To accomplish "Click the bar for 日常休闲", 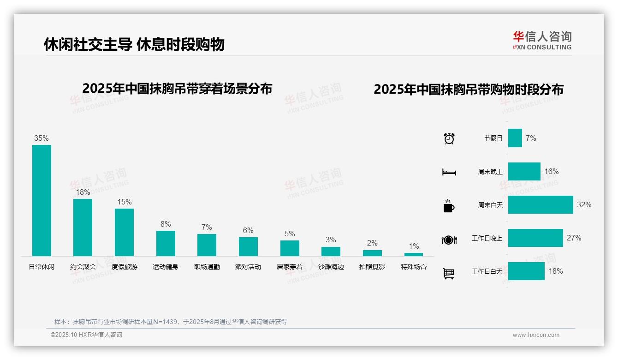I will [42, 200].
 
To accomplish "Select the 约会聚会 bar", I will [83, 227].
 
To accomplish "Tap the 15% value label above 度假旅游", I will [125, 202].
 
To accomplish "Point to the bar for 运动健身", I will [166, 243].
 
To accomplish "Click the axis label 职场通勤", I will [207, 267].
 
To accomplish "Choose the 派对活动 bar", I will [248, 246].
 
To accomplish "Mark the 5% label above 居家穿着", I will [290, 234].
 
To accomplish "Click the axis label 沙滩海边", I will [331, 267].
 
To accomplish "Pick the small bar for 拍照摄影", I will [372, 253].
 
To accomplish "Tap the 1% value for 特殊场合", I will [414, 246].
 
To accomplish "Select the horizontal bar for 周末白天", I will [541, 204].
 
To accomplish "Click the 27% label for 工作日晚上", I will [574, 238].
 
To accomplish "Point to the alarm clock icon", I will [449, 138].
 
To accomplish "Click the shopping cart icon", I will [449, 273].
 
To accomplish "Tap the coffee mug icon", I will [449, 206].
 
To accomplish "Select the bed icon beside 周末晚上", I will [449, 172].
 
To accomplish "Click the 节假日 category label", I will [493, 138].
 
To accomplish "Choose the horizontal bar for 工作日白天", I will [526, 271].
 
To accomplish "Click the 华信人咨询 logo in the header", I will [542, 40].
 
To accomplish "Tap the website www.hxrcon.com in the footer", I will [536, 335].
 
